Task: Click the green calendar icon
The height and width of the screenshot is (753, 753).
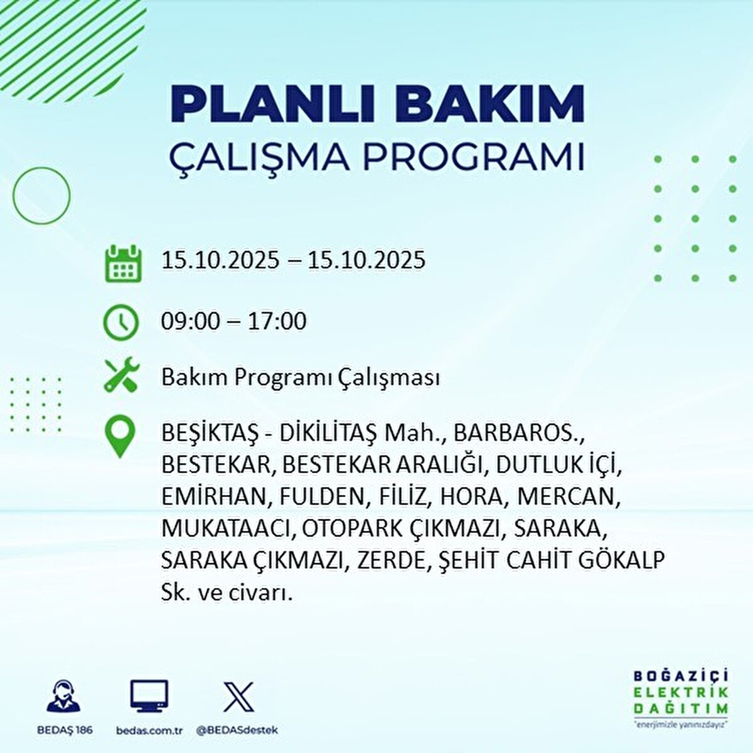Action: pyautogui.click(x=123, y=263)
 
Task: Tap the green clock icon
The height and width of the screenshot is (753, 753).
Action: pyautogui.click(x=120, y=323)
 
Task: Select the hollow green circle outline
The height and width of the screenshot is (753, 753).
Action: pyautogui.click(x=13, y=195)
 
